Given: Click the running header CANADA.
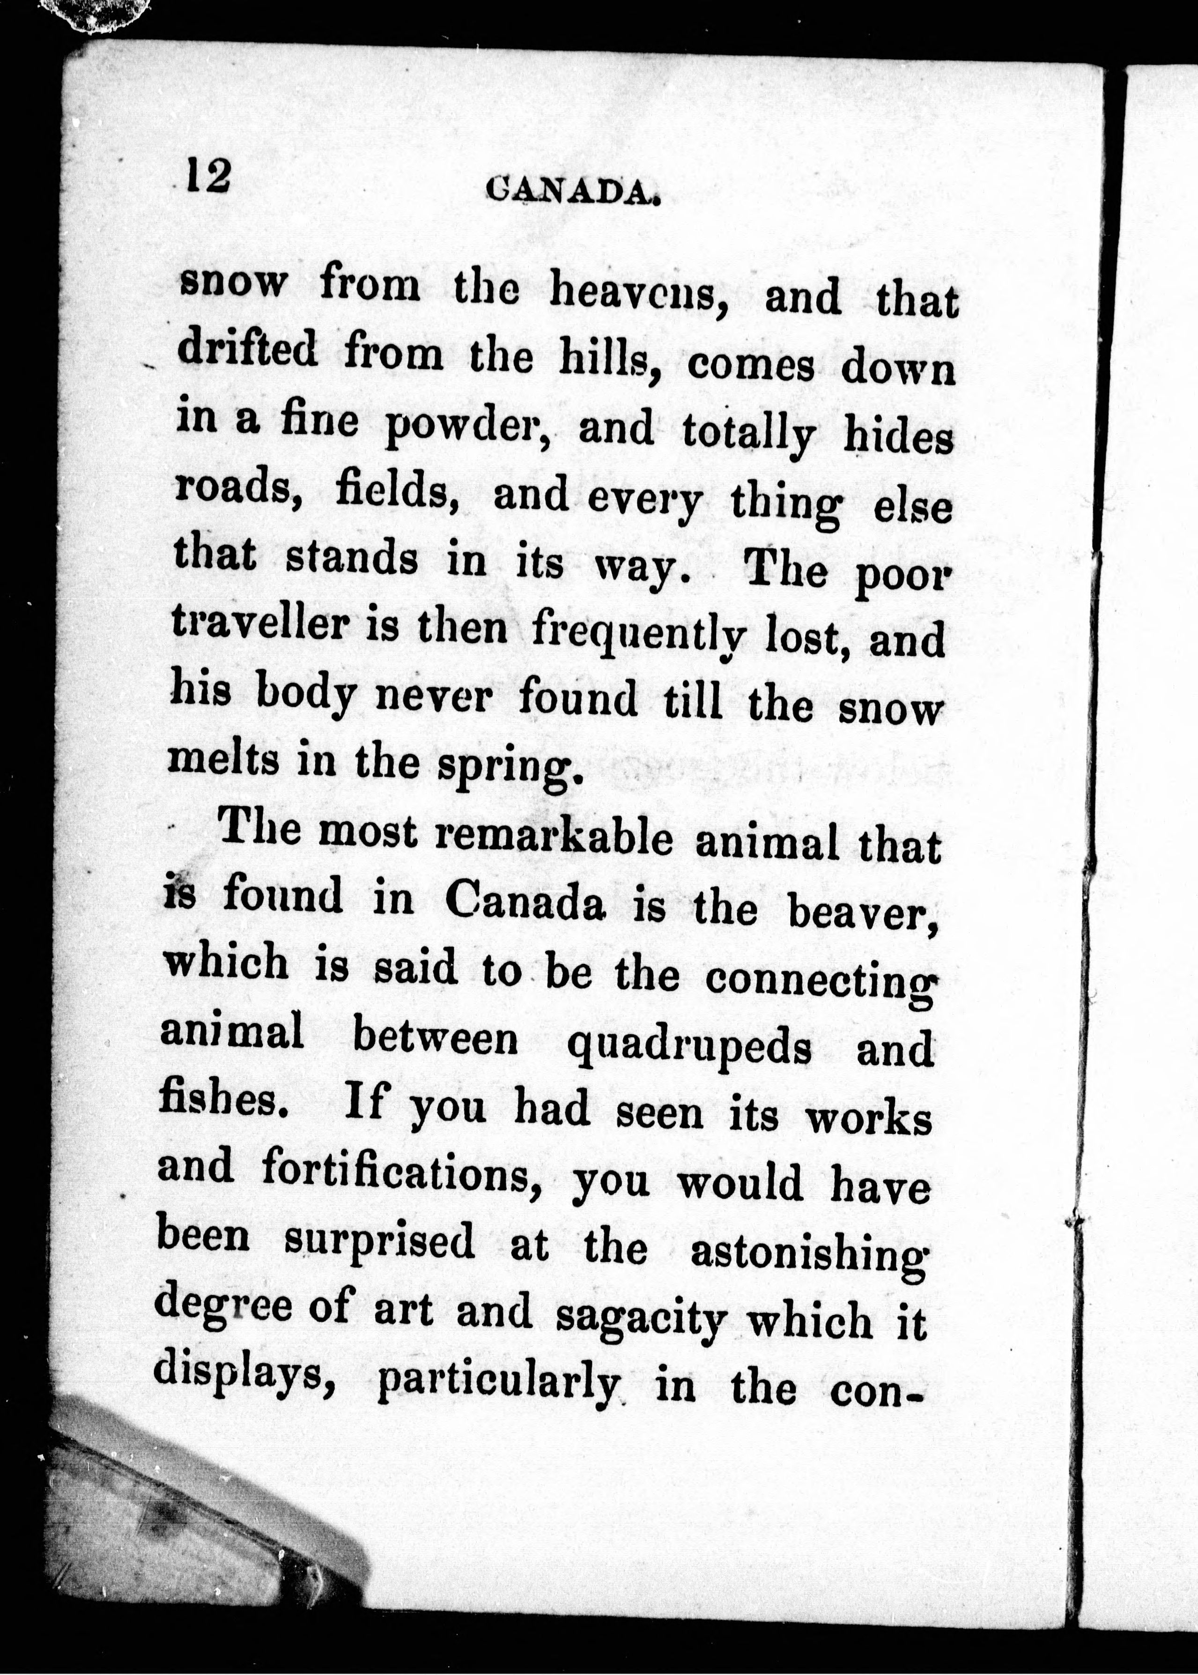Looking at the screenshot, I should (x=572, y=193).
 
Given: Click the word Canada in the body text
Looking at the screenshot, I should (x=525, y=902).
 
